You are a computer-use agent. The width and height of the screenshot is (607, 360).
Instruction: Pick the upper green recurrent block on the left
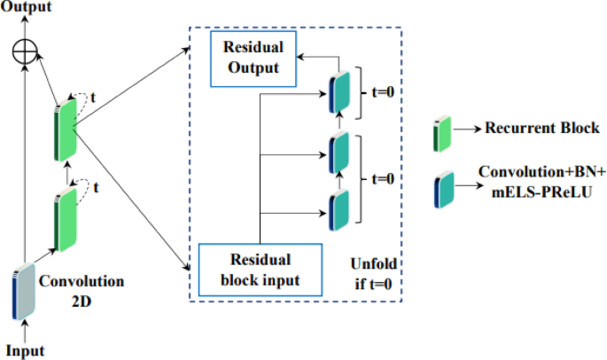pos(64,131)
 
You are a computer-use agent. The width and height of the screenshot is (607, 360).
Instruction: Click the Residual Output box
pos(252,60)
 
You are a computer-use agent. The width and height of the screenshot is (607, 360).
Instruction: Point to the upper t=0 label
pos(384,90)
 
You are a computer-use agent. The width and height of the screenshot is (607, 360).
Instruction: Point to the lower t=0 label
pos(384,177)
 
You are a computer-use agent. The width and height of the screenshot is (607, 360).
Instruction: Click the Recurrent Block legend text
pos(541,129)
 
